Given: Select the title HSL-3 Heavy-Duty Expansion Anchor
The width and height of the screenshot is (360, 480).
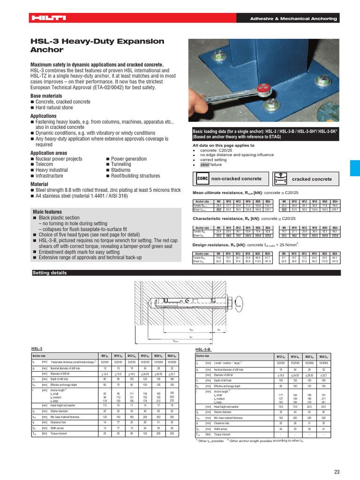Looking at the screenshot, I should pos(97,45).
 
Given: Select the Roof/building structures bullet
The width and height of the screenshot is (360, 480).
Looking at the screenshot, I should pos(135,176).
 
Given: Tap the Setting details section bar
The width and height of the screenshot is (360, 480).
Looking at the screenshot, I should pos(50,273).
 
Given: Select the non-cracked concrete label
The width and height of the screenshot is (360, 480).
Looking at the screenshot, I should pos(236,179).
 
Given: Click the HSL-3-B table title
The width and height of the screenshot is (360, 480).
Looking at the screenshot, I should pos(203,350).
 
